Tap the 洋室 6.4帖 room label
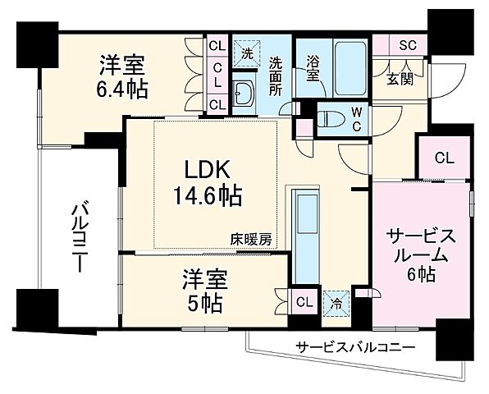point(124,76)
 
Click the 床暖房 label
point(250,241)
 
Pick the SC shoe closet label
point(407,46)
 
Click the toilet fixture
point(328,117)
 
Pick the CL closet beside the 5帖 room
point(304,301)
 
